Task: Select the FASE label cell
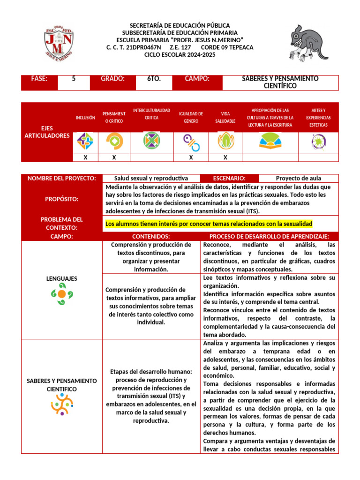click(39, 79)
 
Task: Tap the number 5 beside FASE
click(74, 79)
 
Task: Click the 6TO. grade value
click(154, 79)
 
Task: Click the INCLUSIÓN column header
click(85, 118)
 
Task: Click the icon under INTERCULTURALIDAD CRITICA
click(151, 141)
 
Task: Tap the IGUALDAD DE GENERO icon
click(191, 141)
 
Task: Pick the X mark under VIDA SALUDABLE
click(225, 157)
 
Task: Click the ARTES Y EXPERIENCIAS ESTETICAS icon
click(318, 141)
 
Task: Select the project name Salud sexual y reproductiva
click(151, 178)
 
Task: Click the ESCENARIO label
click(229, 178)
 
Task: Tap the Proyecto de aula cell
click(299, 178)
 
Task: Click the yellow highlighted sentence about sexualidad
click(209, 224)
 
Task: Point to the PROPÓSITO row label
click(61, 199)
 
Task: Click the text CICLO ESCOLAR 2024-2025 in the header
click(180, 55)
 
